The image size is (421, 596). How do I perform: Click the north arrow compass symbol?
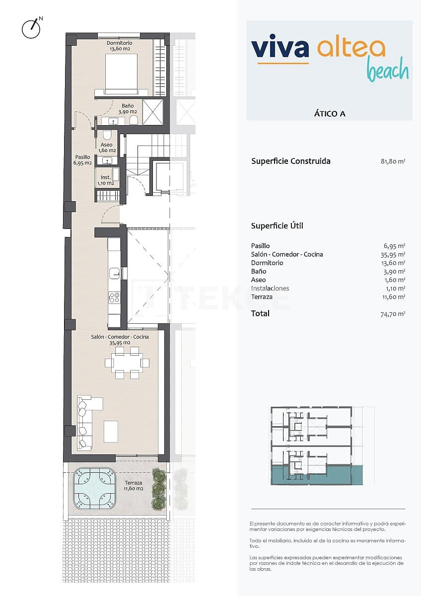pos(31,29)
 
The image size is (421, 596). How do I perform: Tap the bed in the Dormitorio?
pos(121,74)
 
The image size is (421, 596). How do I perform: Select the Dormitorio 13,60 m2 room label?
pos(120,46)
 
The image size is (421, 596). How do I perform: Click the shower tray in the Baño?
pos(153,111)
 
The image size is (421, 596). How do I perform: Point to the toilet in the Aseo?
pos(107,136)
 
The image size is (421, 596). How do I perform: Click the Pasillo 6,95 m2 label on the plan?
pos(82,160)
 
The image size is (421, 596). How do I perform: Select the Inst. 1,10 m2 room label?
pos(106,180)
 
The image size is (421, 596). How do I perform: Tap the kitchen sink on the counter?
pos(115,272)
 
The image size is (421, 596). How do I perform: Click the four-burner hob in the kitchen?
pos(114,298)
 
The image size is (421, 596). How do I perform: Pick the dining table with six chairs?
pos(127,363)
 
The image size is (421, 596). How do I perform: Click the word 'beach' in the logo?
pos(388,71)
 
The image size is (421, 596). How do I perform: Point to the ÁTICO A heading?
pos(330,113)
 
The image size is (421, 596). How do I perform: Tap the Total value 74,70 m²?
pos(395,314)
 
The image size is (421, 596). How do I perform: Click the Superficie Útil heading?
pos(277,226)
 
